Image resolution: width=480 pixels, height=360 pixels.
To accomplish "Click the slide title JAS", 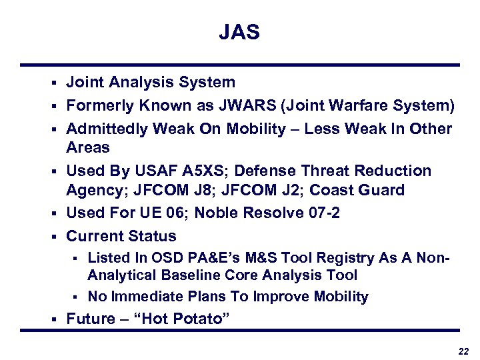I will tap(239, 33).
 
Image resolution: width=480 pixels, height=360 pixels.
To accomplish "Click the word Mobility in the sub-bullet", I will tap(339, 297).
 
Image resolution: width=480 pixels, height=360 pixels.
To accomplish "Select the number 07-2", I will tap(327, 213).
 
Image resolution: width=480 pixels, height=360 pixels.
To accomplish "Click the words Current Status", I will tap(121, 236).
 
